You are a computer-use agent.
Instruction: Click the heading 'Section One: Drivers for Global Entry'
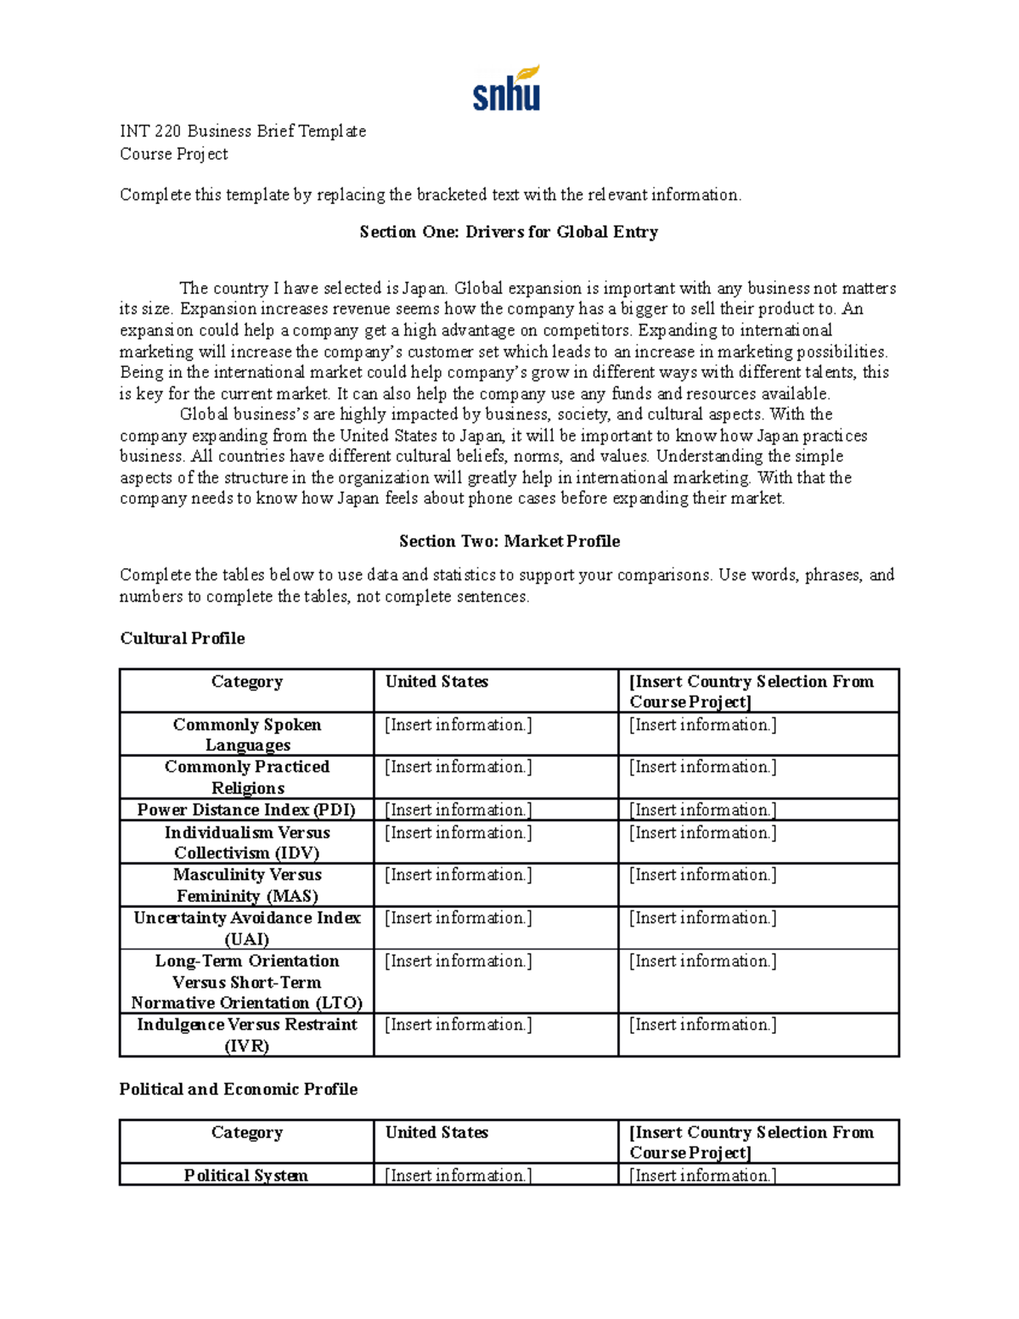(509, 232)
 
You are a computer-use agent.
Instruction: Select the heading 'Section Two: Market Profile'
(509, 541)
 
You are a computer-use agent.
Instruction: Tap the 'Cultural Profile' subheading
(182, 638)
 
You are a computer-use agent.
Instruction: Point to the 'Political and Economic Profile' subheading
(238, 1089)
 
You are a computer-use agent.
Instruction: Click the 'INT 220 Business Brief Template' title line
(243, 131)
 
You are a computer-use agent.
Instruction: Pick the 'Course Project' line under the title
(173, 154)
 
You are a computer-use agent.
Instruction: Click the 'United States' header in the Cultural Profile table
(436, 682)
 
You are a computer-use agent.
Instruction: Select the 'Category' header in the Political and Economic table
(246, 1133)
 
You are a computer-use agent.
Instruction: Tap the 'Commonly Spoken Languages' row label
(246, 735)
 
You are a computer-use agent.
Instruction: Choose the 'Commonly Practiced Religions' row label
(246, 777)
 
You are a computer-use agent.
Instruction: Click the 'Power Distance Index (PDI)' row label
(246, 809)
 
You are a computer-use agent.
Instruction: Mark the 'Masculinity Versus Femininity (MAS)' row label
(246, 885)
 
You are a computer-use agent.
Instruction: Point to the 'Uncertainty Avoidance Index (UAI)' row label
(246, 928)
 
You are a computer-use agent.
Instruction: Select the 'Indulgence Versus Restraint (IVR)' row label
(246, 1035)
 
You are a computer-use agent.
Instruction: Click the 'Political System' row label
(246, 1175)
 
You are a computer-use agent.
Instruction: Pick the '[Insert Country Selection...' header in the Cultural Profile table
(751, 691)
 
